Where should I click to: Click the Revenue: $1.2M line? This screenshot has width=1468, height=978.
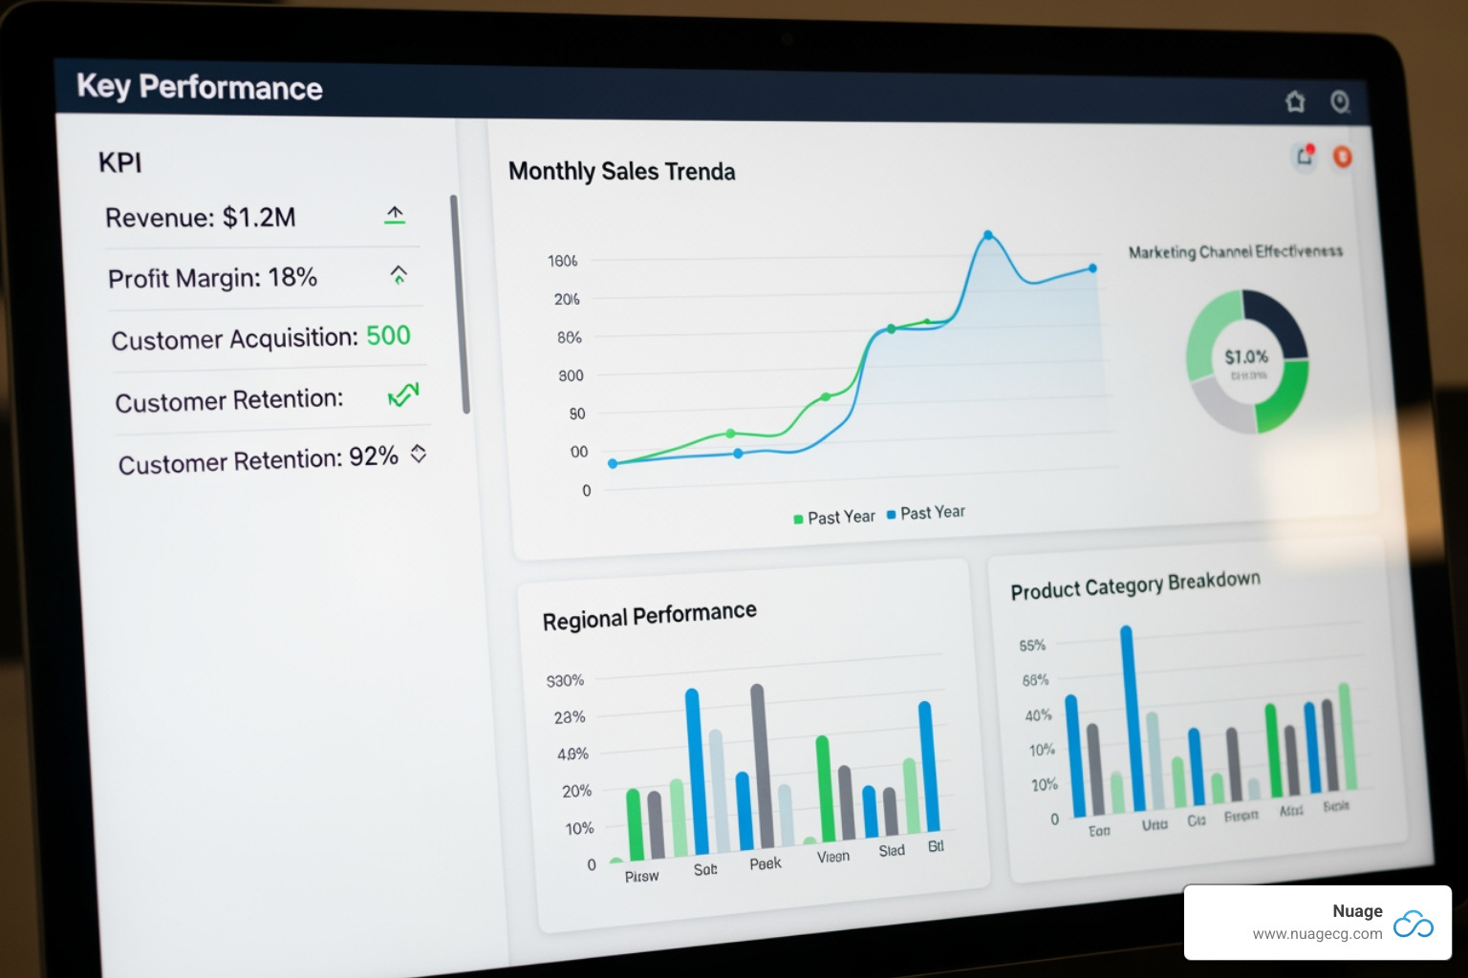[x=201, y=218]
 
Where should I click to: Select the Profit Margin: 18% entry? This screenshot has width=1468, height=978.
[x=212, y=278]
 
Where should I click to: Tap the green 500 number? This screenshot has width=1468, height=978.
[x=388, y=335]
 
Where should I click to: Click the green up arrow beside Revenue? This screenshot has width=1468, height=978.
[x=395, y=215]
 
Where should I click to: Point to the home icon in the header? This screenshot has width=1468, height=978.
[x=1295, y=101]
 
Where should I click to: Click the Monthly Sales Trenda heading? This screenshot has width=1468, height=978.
[x=621, y=172]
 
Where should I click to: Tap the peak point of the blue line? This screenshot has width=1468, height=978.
[x=987, y=235]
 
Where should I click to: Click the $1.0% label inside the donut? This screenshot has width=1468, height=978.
[x=1246, y=357]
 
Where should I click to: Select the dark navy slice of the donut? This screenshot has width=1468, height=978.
[x=1277, y=321]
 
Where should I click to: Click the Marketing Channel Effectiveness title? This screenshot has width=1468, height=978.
[x=1235, y=252]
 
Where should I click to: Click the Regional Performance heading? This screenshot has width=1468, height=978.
[x=649, y=616]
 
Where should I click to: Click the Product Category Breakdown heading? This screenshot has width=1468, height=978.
[x=1135, y=585]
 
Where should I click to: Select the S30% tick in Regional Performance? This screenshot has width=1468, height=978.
[x=565, y=681]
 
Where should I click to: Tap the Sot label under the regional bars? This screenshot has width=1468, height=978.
[x=705, y=869]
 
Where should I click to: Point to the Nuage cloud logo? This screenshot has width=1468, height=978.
[x=1414, y=924]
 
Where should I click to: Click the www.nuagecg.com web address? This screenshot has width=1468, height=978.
[x=1317, y=934]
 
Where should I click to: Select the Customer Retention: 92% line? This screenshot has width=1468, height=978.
[x=258, y=460]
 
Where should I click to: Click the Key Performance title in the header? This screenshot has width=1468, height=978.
[x=200, y=87]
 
